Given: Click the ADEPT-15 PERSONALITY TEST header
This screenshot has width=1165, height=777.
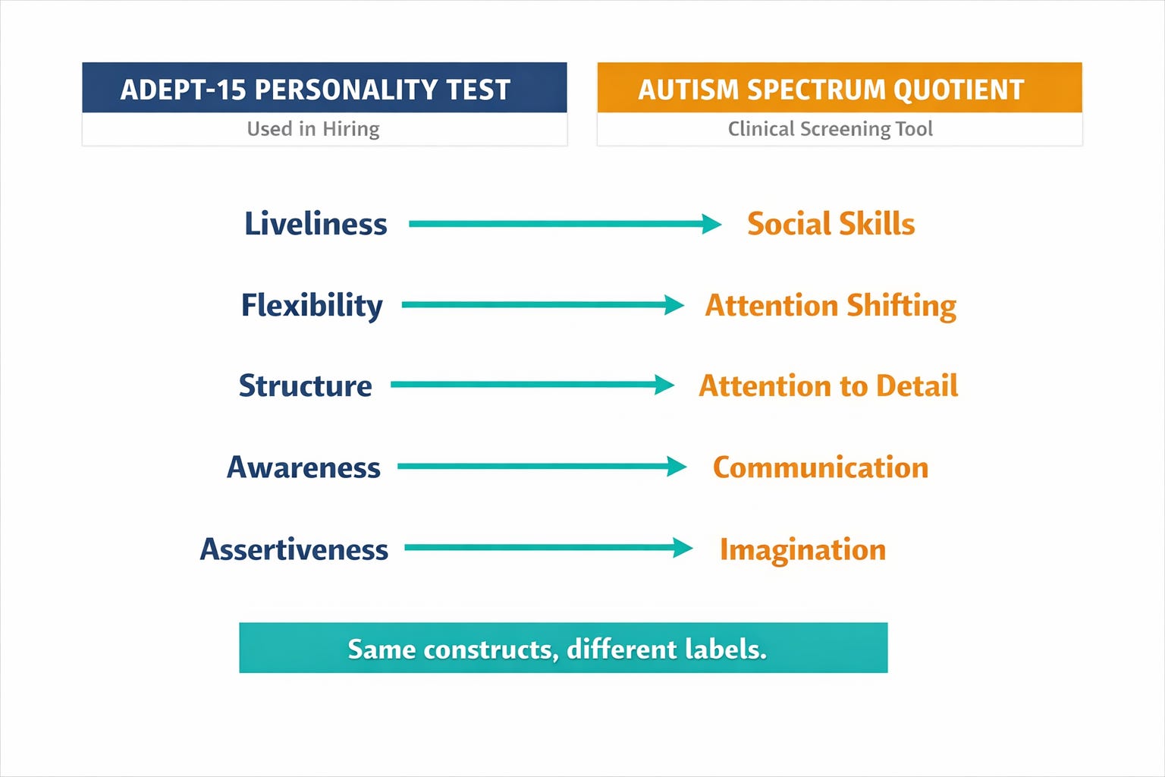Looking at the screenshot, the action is (x=325, y=87).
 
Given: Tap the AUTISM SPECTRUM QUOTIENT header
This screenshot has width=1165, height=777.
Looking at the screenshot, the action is (x=840, y=87).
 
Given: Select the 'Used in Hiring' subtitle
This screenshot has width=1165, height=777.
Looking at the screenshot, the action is (x=313, y=128).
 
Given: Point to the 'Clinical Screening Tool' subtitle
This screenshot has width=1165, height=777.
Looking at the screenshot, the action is (x=830, y=128).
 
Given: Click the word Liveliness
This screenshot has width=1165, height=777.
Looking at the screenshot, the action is (x=316, y=224).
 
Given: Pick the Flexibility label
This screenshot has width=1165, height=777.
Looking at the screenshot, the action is (x=312, y=305).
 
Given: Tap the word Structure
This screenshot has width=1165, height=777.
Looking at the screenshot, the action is (x=306, y=385).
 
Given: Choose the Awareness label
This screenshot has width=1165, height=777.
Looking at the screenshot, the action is (x=303, y=467).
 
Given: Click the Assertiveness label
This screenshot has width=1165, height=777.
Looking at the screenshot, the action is (x=294, y=549).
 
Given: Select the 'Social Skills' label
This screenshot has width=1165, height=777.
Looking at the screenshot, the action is (x=831, y=224).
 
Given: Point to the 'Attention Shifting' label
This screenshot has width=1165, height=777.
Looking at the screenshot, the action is (x=831, y=306).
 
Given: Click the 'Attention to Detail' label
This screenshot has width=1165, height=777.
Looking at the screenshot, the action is (x=828, y=385).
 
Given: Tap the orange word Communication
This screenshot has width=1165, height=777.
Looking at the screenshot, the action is (x=821, y=467).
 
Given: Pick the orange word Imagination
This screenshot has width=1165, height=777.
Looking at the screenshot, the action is (x=803, y=549).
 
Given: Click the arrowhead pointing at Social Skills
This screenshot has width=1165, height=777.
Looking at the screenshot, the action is (x=711, y=224).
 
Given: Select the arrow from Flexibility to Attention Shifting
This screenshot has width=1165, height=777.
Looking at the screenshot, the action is (x=543, y=305).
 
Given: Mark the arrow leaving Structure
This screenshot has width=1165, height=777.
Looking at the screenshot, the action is (x=532, y=385).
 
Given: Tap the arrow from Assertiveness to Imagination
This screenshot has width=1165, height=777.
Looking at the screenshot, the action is (x=548, y=548).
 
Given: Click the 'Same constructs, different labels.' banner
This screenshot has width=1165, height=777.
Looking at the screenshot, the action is (x=564, y=647).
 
